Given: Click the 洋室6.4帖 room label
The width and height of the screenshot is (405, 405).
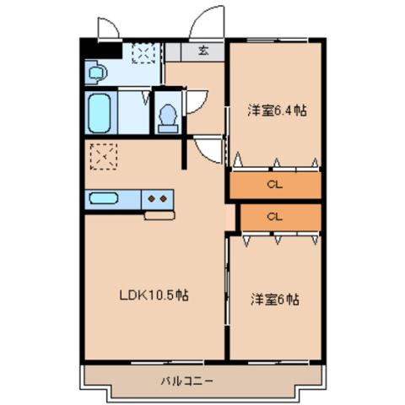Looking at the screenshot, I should pyautogui.click(x=275, y=111).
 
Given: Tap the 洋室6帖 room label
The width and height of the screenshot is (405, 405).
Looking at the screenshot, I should pyautogui.click(x=275, y=299).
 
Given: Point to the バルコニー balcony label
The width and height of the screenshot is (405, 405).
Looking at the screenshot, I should pyautogui.click(x=187, y=381).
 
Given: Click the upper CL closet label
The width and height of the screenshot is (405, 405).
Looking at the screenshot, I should pyautogui.click(x=275, y=185).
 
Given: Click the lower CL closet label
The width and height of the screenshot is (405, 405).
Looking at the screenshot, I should pyautogui.click(x=275, y=216).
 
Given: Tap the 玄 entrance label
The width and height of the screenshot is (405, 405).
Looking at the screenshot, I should pyautogui.click(x=203, y=51).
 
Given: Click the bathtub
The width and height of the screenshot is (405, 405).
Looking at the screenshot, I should pyautogui.click(x=100, y=113).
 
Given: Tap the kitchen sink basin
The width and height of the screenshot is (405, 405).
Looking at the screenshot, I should pyautogui.click(x=104, y=199).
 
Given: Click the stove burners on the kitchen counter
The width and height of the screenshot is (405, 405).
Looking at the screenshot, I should pyautogui.click(x=156, y=198).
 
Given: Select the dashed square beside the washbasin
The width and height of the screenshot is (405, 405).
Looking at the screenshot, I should pyautogui.click(x=143, y=53).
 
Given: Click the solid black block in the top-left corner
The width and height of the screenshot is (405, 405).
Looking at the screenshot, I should pyautogui.click(x=100, y=47).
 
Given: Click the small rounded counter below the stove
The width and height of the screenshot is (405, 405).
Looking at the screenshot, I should pyautogui.click(x=159, y=215).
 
